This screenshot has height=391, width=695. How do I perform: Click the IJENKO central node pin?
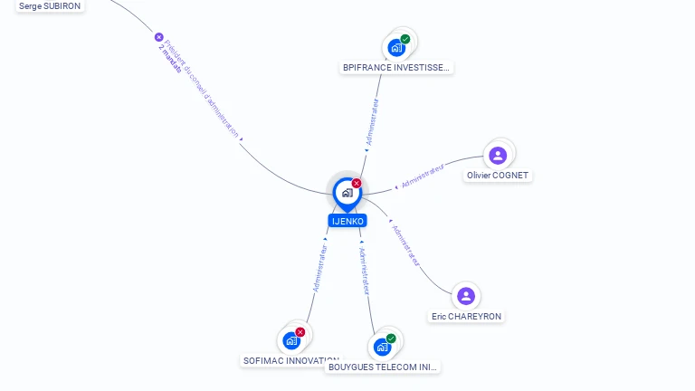pyautogui.click(x=347, y=193)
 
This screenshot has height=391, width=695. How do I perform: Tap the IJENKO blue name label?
pyautogui.click(x=347, y=221)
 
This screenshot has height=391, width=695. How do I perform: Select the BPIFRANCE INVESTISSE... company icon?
pyautogui.click(x=395, y=48)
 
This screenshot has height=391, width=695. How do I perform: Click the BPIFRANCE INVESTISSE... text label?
pyautogui.click(x=396, y=68)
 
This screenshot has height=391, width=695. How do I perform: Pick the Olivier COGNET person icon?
pyautogui.click(x=498, y=156)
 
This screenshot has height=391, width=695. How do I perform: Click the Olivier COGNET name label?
pyautogui.click(x=498, y=176)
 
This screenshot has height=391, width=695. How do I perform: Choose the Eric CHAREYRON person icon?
pyautogui.click(x=466, y=296)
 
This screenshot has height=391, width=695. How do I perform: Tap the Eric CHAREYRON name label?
pyautogui.click(x=466, y=317)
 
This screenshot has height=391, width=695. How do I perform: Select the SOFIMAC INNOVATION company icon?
pyautogui.click(x=291, y=340)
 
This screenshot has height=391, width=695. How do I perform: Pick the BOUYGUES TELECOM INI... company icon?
pyautogui.click(x=382, y=347)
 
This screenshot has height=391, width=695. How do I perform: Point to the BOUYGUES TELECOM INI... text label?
pyautogui.click(x=383, y=367)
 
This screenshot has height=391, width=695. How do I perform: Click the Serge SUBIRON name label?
pyautogui.click(x=50, y=5)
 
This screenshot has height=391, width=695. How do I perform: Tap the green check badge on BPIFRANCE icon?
pyautogui.click(x=405, y=39)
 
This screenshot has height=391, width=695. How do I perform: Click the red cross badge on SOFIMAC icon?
pyautogui.click(x=300, y=332)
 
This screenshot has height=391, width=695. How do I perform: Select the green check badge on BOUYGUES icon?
pyautogui.click(x=391, y=339)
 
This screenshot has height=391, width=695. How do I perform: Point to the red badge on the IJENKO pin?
pyautogui.click(x=357, y=183)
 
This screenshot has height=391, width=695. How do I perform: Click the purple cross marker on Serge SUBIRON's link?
pyautogui.click(x=159, y=37)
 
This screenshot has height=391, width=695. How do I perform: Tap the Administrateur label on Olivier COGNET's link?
pyautogui.click(x=423, y=176)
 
